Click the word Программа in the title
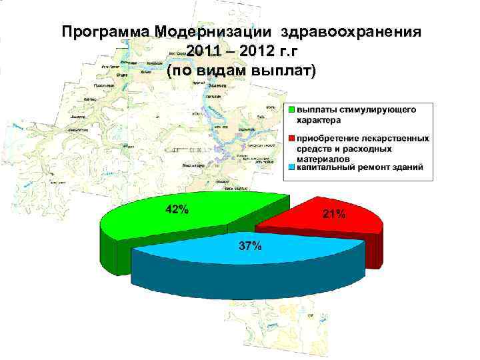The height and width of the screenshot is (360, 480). click(105, 31)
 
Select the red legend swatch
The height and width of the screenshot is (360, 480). click(292, 138)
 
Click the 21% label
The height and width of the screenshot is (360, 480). click(334, 214)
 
